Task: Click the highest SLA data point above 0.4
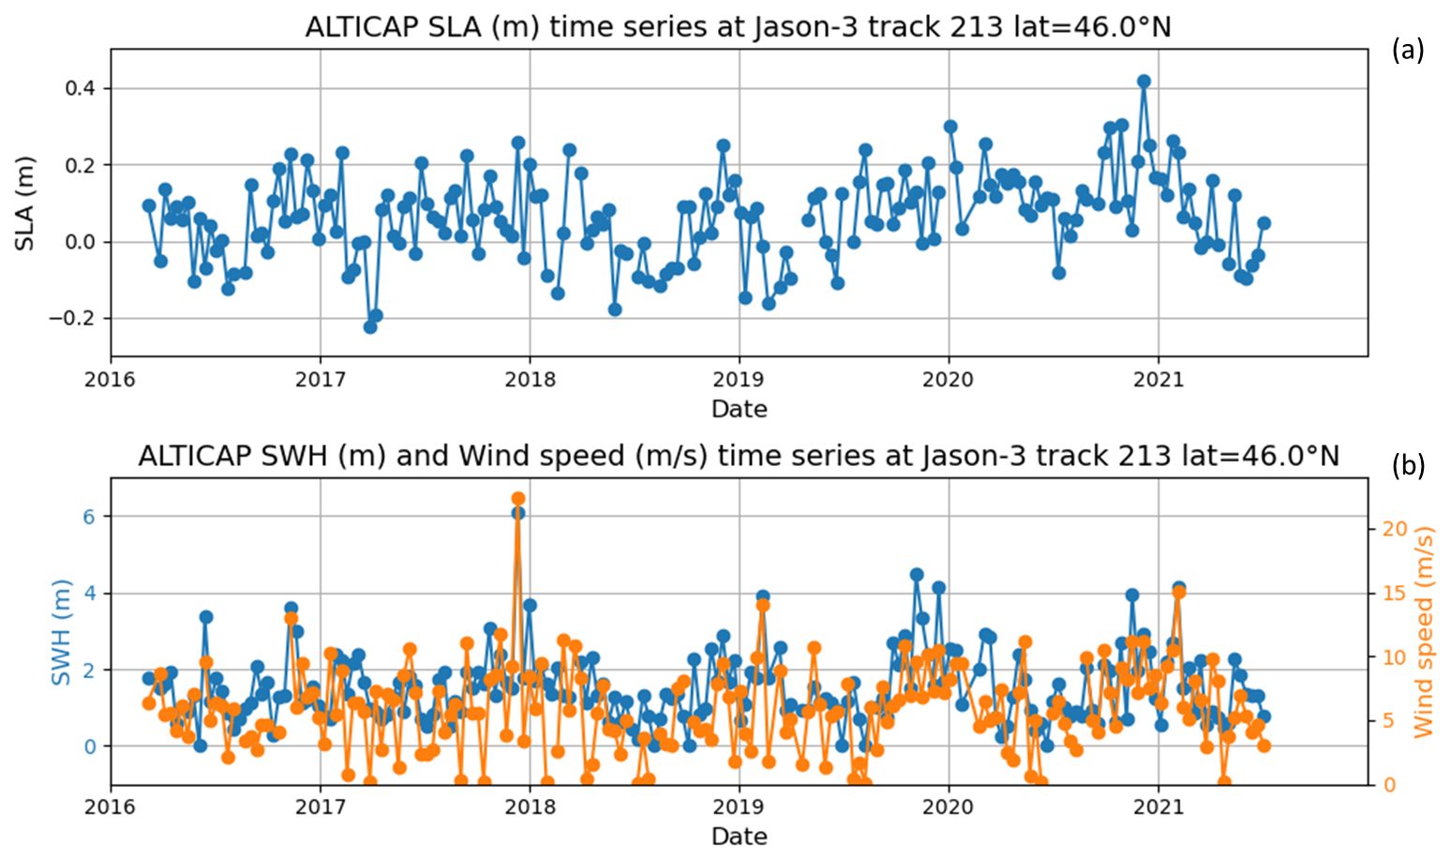tap(1143, 82)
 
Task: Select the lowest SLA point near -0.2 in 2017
tap(370, 326)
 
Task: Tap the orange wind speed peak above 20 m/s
tap(517, 499)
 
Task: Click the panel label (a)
tap(1408, 50)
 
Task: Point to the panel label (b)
tap(1408, 465)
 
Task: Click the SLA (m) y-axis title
tap(24, 204)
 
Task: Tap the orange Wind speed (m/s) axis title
tap(1425, 631)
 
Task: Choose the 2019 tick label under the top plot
tap(739, 380)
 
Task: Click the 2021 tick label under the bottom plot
tap(1158, 807)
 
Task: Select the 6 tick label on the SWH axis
tap(90, 517)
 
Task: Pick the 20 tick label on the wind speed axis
tap(1395, 529)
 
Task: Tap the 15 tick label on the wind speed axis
tap(1395, 593)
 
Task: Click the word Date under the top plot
tap(739, 409)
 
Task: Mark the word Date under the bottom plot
tap(739, 837)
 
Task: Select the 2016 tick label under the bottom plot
tap(111, 807)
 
